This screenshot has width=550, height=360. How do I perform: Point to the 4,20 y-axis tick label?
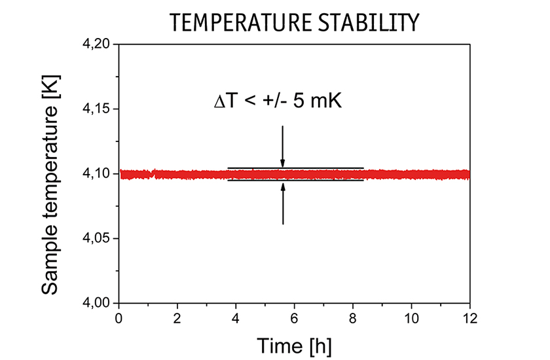pyautogui.click(x=97, y=45)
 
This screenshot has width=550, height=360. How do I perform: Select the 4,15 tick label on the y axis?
pyautogui.click(x=97, y=109)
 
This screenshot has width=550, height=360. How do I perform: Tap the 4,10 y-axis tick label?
pyautogui.click(x=97, y=174)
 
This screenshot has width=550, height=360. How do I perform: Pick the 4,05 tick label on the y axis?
pyautogui.click(x=97, y=239)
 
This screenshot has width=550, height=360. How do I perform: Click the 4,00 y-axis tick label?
pyautogui.click(x=97, y=304)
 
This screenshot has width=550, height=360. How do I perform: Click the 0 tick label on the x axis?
pyautogui.click(x=119, y=319)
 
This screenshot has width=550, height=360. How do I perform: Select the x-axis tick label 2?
pyautogui.click(x=177, y=319)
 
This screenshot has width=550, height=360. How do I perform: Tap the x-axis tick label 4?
pyautogui.click(x=236, y=319)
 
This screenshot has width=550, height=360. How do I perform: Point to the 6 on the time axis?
pyautogui.click(x=294, y=319)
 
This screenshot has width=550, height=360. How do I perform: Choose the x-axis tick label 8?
pyautogui.click(x=353, y=319)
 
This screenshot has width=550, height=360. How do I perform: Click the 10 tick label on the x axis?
pyautogui.click(x=411, y=319)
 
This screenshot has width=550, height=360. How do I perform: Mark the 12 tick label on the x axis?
pyautogui.click(x=469, y=319)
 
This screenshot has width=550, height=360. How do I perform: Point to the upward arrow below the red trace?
pyautogui.click(x=283, y=204)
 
